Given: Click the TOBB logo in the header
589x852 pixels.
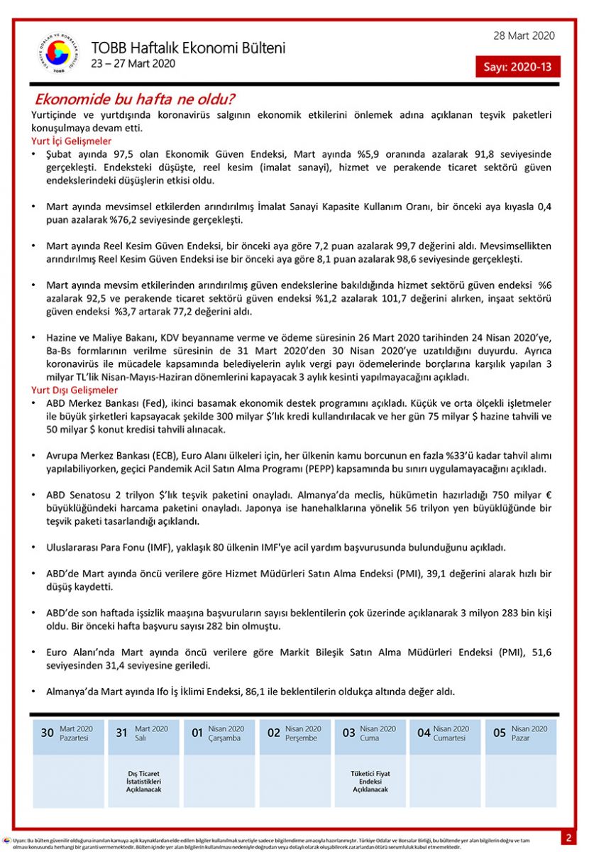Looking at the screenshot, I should click(x=54, y=54).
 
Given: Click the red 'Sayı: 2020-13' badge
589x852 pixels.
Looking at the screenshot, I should click(x=517, y=67).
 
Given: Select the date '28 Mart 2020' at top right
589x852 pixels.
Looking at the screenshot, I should click(x=524, y=36).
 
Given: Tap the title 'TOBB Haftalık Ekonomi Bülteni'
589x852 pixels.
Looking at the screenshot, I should click(x=188, y=48).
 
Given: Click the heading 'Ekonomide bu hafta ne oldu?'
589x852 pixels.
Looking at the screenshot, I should click(x=136, y=99).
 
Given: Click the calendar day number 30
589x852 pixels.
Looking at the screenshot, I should click(x=47, y=733).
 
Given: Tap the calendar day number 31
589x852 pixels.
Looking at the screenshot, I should click(x=122, y=733).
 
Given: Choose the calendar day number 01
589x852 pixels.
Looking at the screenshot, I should click(x=197, y=733).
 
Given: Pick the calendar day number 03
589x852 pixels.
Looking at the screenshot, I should click(x=348, y=733).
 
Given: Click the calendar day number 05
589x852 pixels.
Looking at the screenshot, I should click(x=500, y=733).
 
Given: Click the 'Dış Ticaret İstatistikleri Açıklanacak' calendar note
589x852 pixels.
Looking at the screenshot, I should click(x=144, y=781).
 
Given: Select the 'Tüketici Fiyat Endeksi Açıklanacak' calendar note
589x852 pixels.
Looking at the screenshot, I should click(x=370, y=781).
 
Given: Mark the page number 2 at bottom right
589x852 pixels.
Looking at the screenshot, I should click(x=568, y=838).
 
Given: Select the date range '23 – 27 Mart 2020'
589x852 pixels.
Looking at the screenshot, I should click(x=133, y=63).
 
